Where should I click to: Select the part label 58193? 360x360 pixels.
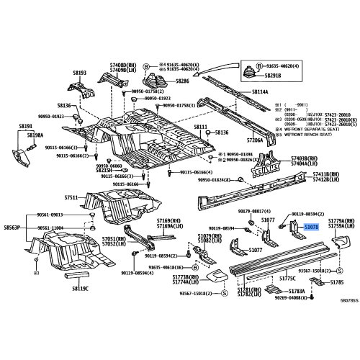(x=79, y=73)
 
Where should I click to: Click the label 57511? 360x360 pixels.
(x=71, y=197)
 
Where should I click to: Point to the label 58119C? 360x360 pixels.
(x=79, y=288)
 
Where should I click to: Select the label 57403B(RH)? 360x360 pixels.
(x=308, y=157)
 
